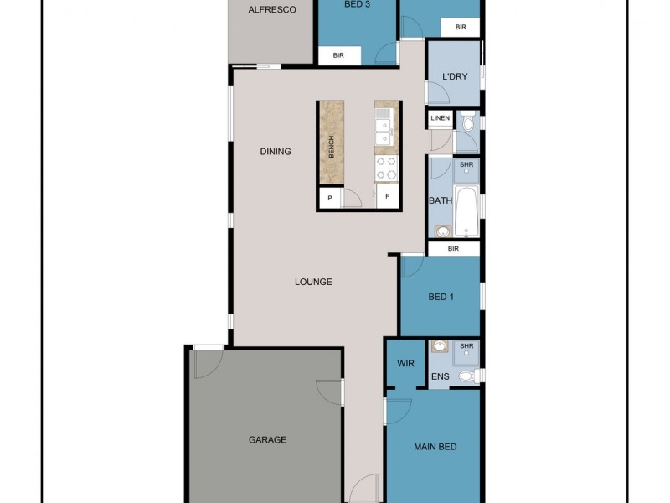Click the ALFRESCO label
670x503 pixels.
point(272,11)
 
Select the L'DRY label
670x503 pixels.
point(454,77)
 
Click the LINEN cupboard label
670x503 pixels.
point(441,119)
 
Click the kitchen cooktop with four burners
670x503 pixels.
point(385,169)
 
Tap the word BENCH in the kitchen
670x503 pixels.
point(332,146)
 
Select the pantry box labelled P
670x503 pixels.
point(330,199)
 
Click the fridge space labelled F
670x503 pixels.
point(387,199)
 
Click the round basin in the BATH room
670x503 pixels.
point(442,229)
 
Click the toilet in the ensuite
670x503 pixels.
point(472,376)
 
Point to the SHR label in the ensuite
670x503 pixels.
point(467,346)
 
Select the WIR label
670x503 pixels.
point(405,364)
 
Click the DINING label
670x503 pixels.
point(276,152)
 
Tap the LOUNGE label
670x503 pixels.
point(313,282)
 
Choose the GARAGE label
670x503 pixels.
point(268,439)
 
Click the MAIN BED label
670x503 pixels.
point(435,447)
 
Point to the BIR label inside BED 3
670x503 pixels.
point(339,55)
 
